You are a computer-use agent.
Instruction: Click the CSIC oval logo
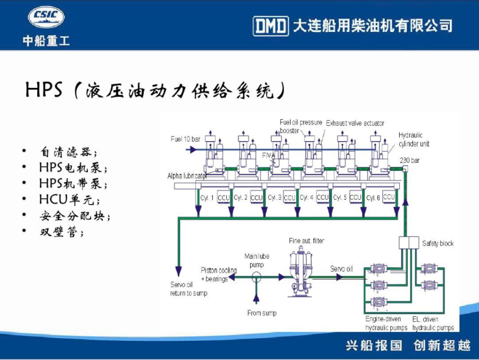46,18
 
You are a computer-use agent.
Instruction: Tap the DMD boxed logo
270,26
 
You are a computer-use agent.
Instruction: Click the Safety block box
409,243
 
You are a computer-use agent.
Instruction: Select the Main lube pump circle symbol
255,276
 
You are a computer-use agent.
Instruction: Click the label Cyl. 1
207,198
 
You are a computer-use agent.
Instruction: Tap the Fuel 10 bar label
185,139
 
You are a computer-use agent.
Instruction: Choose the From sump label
262,313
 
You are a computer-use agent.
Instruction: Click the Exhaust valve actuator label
355,123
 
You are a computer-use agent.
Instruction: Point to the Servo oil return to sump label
188,289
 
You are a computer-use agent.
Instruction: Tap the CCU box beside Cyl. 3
289,198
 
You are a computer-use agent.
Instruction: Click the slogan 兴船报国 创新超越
408,345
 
